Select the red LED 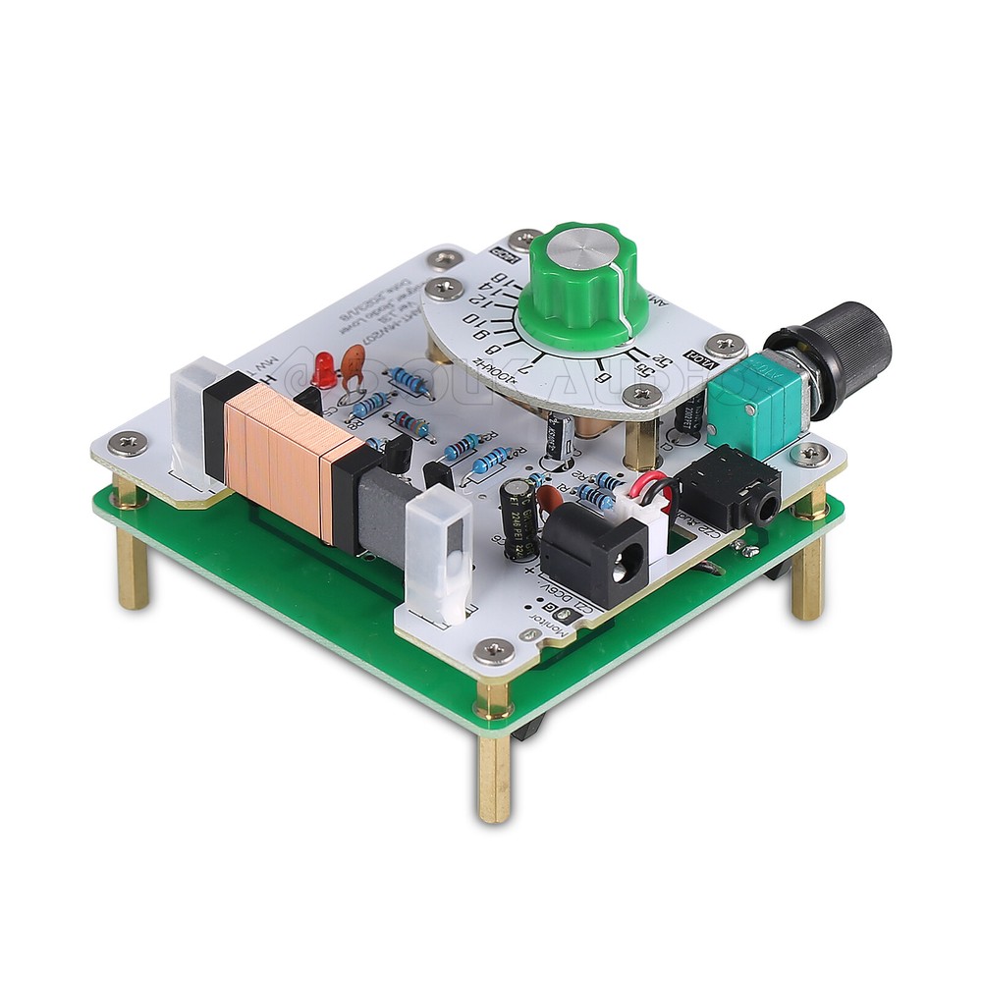coord(323,372)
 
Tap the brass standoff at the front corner coord(494,776)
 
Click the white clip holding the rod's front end coord(437,556)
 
